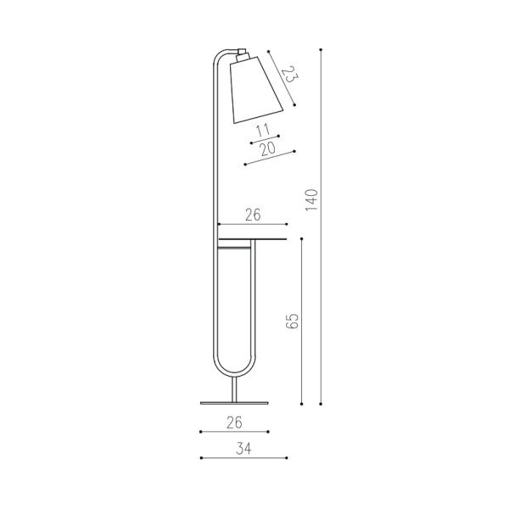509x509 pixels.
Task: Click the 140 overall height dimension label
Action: tap(311, 199)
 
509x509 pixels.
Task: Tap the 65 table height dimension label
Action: tap(293, 321)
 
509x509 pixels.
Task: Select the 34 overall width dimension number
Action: tap(243, 449)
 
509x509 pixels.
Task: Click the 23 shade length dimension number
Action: tap(289, 75)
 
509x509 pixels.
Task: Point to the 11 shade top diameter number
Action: tap(263, 131)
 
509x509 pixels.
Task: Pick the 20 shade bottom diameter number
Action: tap(268, 148)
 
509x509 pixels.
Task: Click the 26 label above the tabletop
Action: tap(253, 215)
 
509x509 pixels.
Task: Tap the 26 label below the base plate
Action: tap(234, 422)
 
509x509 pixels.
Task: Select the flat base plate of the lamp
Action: tap(234, 403)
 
